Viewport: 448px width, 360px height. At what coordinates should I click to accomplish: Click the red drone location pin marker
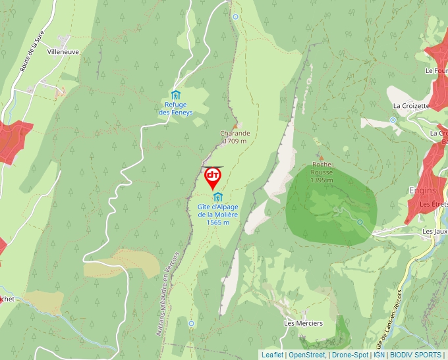pos(213,176)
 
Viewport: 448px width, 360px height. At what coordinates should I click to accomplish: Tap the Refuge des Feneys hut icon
pos(176,95)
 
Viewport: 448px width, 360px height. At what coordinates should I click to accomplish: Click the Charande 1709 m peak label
pos(235,137)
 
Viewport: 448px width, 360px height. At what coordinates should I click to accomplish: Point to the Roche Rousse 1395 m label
pos(322,172)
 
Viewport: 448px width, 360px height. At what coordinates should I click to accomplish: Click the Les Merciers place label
pos(303,323)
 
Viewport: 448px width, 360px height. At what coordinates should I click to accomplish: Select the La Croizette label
pos(411,105)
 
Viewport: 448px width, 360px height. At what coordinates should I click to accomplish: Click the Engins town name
pos(422,191)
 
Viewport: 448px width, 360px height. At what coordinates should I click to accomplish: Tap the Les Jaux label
pos(435,232)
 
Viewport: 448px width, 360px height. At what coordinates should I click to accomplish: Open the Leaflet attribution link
pos(272,355)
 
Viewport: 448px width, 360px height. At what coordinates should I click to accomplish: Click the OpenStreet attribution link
pos(306,355)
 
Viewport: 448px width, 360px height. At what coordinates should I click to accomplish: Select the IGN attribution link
pos(379,355)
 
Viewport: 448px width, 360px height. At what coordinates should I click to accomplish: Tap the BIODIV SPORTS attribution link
pos(416,355)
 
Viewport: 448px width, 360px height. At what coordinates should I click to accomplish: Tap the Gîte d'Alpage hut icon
pos(217,197)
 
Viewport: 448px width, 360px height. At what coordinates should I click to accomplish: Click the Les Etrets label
pos(434,204)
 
